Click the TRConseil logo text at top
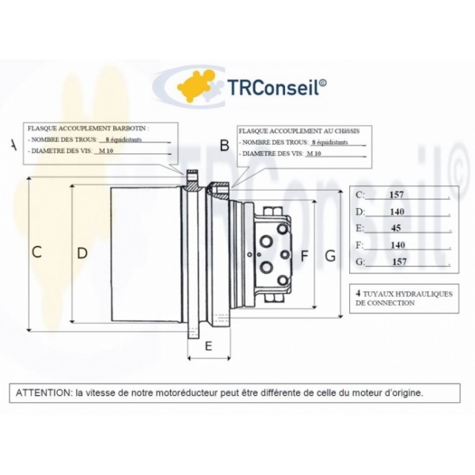(276, 87)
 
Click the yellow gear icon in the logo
(196, 85)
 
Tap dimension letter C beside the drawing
(36, 252)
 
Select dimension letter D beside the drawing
(82, 253)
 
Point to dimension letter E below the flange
(208, 346)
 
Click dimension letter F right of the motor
(304, 256)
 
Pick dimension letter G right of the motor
(330, 256)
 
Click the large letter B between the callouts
(225, 145)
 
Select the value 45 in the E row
(396, 228)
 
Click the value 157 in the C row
(397, 195)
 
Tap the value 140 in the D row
(397, 211)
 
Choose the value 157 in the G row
(399, 261)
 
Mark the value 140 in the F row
(397, 245)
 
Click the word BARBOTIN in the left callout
(129, 128)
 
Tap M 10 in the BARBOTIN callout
(106, 151)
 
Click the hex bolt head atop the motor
(273, 211)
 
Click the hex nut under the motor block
(274, 298)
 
